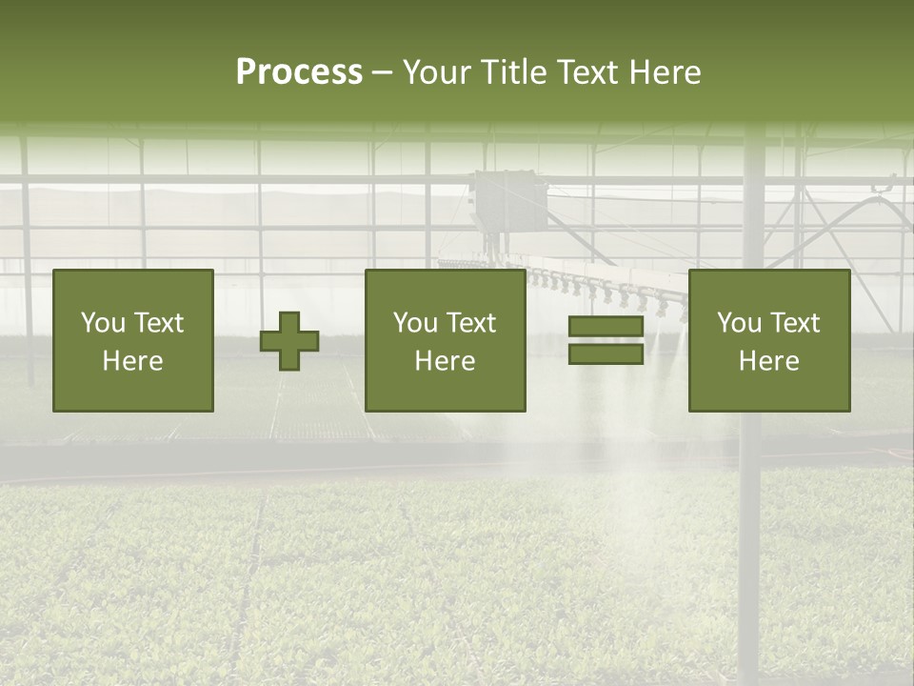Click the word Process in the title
(x=299, y=72)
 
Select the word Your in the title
(x=437, y=72)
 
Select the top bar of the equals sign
(x=606, y=327)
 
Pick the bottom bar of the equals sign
(x=606, y=354)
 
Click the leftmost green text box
(x=133, y=340)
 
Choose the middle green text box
(x=446, y=340)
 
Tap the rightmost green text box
(x=769, y=340)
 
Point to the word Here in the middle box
(x=446, y=361)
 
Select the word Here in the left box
(x=133, y=361)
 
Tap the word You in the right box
(x=740, y=323)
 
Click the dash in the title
(x=382, y=73)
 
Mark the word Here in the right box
(x=769, y=361)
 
